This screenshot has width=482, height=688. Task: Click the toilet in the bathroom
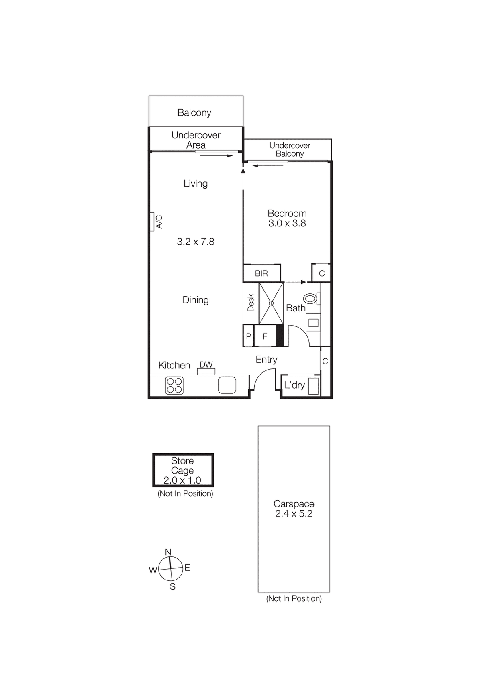[x=311, y=299]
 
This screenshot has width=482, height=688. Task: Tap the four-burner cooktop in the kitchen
[x=174, y=385]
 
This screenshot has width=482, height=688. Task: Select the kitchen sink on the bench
[x=227, y=385]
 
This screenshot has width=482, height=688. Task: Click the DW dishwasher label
[x=206, y=364]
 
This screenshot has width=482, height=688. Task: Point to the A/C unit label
[x=159, y=222]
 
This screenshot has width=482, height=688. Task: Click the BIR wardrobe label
[x=261, y=273]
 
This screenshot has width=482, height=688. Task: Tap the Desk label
[x=251, y=303]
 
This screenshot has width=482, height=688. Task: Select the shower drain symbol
[x=271, y=303]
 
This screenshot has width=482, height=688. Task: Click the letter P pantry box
[x=248, y=336]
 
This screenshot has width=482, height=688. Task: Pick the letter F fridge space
[x=265, y=336]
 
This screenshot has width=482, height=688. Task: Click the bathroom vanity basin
[x=313, y=323]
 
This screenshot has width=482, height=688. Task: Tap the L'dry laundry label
[x=294, y=385]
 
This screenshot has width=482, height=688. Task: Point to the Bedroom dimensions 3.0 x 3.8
[x=287, y=223]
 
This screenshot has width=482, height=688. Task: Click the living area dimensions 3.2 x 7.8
[x=196, y=242]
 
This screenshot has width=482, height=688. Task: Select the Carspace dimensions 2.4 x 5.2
[x=294, y=513]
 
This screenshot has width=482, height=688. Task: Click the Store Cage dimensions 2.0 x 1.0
[x=182, y=480]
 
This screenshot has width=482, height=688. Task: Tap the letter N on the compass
[x=168, y=552]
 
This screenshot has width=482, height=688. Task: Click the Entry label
[x=267, y=360]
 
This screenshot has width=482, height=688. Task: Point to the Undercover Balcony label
[x=290, y=150]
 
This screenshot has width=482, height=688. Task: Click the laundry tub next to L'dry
[x=314, y=386]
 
